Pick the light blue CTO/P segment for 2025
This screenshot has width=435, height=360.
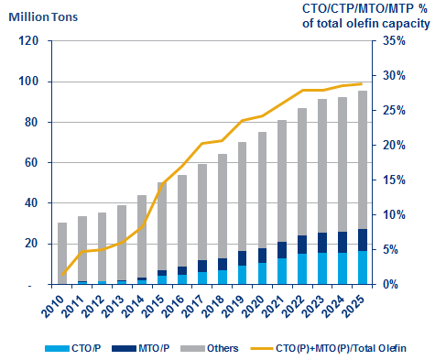[x=363, y=267]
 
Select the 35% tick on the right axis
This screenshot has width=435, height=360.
[x=390, y=41]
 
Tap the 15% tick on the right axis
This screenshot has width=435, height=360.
[x=390, y=180]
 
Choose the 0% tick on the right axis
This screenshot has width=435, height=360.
[x=386, y=285]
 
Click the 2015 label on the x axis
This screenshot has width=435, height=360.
[x=157, y=304]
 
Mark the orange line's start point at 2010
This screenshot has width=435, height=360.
[x=62, y=275]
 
